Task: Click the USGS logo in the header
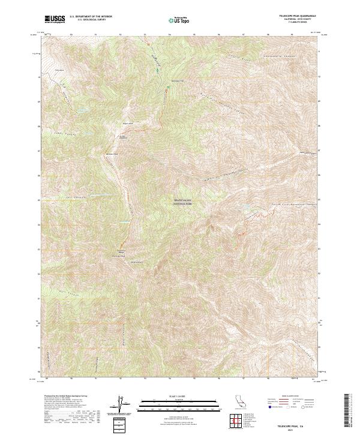point(55,20)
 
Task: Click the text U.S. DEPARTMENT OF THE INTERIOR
point(91,17)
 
